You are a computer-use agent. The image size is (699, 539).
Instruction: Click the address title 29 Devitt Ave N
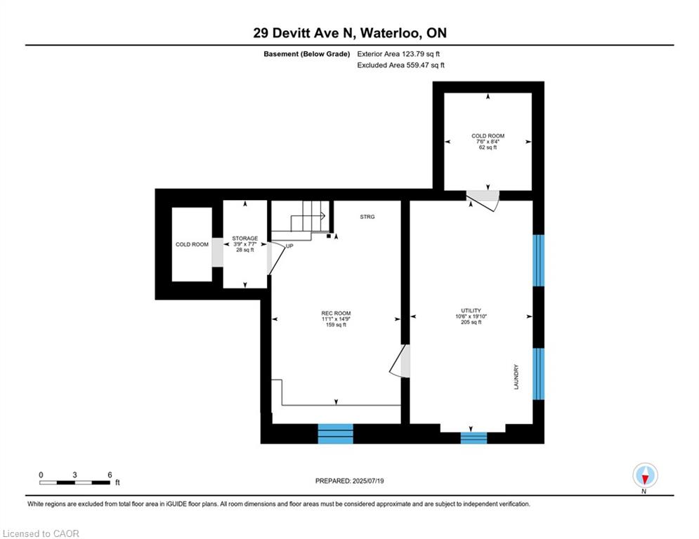pos(303,33)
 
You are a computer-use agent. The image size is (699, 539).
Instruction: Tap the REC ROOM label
pos(336,313)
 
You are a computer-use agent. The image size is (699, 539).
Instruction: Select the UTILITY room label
pos(471,310)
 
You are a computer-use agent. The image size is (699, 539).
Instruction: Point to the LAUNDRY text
pos(516,377)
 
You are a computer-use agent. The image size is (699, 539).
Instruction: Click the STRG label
pos(367,217)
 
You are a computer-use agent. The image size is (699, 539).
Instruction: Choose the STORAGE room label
pos(244,239)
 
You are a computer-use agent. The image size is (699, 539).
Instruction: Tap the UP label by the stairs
pos(289,246)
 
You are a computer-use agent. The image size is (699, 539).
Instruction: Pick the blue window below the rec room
pos(335,434)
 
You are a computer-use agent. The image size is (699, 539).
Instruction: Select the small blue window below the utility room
pos(473,438)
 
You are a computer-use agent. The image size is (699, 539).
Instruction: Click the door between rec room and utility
pos(400,361)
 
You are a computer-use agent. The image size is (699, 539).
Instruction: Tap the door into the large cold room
pos(483,200)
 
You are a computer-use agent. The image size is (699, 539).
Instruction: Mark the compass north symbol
pos(645,477)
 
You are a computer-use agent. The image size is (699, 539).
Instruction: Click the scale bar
pos(74,482)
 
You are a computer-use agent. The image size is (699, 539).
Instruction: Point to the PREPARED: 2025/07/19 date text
pos(350,481)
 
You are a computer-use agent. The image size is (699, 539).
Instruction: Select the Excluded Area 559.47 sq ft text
pos(400,65)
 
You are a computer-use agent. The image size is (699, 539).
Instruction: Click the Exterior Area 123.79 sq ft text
pos(398,54)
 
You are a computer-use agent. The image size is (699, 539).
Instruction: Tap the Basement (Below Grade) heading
pos(307,54)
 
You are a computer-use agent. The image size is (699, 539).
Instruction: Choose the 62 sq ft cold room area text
pos(488,147)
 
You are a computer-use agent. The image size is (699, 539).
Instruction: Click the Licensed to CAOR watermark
pos(41,533)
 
